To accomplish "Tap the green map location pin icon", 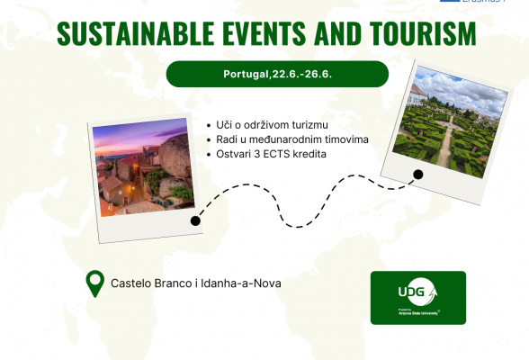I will point(94,283).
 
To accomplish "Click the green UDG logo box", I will point(417,297).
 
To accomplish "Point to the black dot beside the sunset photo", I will point(195,220).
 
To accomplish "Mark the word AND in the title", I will point(328,33).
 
